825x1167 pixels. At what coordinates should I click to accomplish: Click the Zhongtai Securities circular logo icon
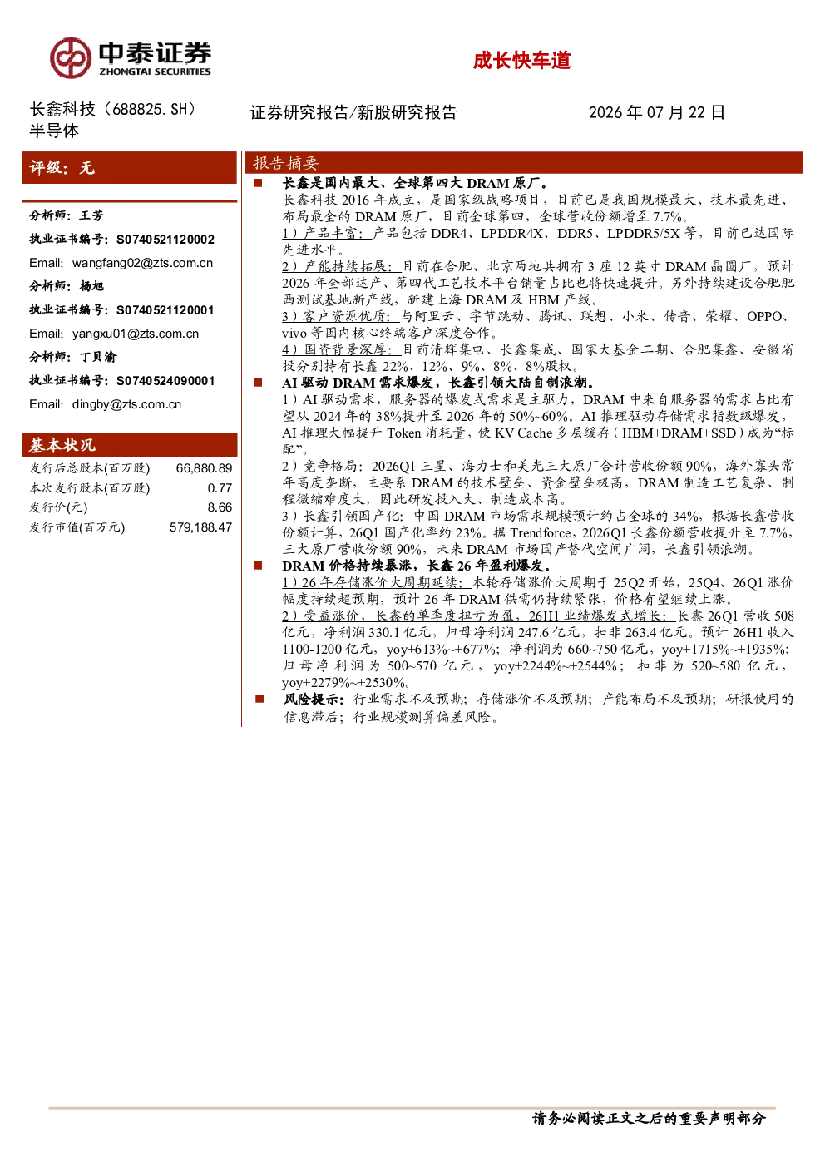click(71, 57)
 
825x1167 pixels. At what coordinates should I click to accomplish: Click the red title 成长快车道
click(521, 61)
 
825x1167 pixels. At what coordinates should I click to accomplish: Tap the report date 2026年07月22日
click(657, 112)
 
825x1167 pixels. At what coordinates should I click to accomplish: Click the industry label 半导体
click(54, 131)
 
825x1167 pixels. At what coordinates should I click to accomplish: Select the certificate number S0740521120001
click(165, 310)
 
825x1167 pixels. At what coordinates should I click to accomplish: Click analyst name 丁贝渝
click(98, 357)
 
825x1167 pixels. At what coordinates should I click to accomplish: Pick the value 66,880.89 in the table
click(204, 467)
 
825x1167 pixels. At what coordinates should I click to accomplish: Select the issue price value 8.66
click(220, 507)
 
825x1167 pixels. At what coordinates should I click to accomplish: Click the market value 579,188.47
click(200, 527)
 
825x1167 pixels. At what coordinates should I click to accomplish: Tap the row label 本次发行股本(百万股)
click(90, 487)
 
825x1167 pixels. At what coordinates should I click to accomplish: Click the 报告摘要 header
click(286, 163)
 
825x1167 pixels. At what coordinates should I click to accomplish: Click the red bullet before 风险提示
click(259, 700)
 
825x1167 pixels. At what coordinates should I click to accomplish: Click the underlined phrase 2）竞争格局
click(327, 466)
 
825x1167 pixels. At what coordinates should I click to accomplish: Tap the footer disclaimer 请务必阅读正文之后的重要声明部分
click(649, 1118)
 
